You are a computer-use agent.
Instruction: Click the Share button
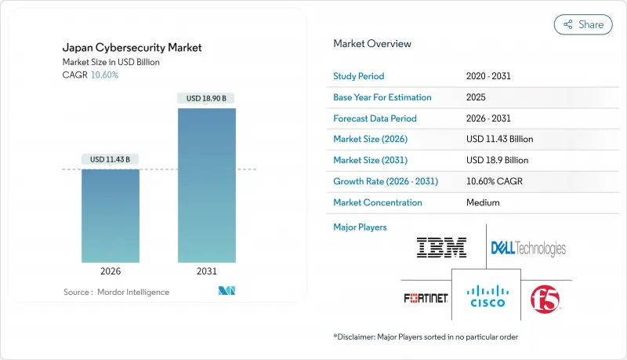tap(583, 24)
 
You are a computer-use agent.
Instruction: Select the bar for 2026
tap(111, 216)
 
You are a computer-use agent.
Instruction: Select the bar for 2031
tap(206, 185)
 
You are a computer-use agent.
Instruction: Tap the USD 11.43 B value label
tap(111, 159)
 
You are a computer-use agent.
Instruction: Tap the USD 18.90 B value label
tap(206, 98)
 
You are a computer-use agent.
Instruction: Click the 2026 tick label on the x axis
tap(111, 271)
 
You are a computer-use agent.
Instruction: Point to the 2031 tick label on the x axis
tap(206, 271)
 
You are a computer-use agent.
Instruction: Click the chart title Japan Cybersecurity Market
tap(131, 48)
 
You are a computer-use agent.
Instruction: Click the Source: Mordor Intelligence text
tap(116, 292)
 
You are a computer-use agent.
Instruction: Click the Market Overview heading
tap(371, 44)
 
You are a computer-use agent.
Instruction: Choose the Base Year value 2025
tap(476, 97)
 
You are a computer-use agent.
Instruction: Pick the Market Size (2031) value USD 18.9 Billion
tap(497, 160)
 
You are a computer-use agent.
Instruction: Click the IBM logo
tap(441, 248)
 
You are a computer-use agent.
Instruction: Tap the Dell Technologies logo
tap(527, 249)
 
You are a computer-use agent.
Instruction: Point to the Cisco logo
tap(486, 296)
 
